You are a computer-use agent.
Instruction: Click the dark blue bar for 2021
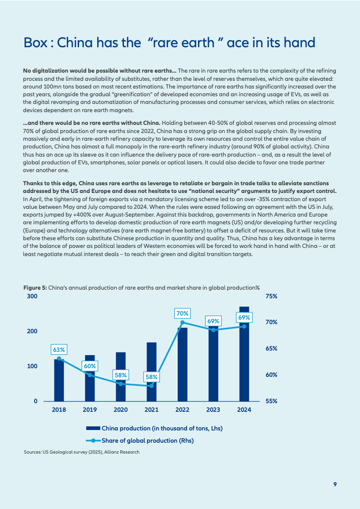click(x=151, y=372)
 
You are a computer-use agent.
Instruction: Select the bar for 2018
click(x=59, y=380)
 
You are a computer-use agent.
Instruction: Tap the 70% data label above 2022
click(x=182, y=313)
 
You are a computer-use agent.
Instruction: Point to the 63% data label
click(x=59, y=350)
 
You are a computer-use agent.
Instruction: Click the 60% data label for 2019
click(x=89, y=366)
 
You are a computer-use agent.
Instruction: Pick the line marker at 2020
click(x=120, y=384)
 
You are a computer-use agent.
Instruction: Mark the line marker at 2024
click(x=244, y=326)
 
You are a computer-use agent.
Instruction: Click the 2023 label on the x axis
click(x=213, y=410)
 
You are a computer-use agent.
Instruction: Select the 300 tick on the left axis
click(x=32, y=297)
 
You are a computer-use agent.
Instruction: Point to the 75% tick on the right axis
click(x=271, y=297)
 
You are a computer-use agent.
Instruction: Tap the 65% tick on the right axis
click(x=271, y=349)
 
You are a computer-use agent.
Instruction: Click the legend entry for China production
click(x=154, y=429)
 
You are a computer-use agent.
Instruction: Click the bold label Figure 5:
click(x=35, y=287)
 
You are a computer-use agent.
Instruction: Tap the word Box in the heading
click(x=35, y=43)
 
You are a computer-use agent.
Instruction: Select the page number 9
click(x=335, y=484)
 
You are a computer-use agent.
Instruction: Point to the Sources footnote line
click(x=81, y=452)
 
